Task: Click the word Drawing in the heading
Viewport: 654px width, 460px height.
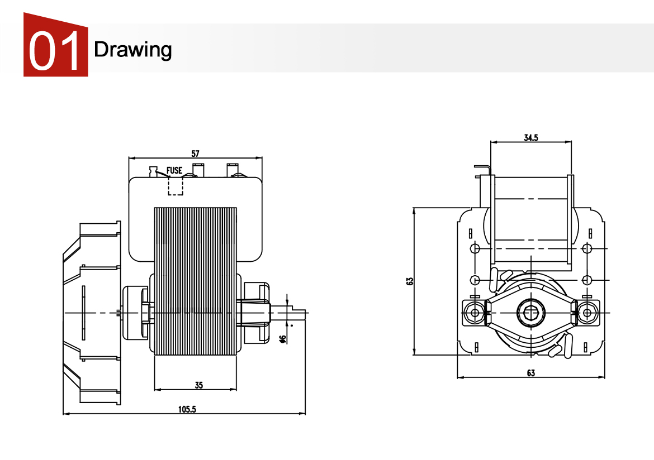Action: click(132, 50)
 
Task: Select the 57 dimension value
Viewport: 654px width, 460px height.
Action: click(195, 153)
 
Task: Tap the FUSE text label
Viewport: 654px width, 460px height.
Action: click(174, 170)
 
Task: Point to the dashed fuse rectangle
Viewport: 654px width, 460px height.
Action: click(176, 186)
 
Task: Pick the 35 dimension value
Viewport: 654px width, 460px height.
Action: click(198, 385)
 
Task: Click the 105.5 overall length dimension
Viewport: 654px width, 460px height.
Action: click(187, 409)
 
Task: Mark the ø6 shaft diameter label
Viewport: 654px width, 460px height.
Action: click(283, 338)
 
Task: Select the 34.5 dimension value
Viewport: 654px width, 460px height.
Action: click(531, 138)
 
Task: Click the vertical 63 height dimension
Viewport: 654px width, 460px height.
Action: click(410, 281)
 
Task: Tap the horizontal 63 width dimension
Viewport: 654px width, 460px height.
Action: click(530, 372)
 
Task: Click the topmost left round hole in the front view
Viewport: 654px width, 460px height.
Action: click(475, 248)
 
